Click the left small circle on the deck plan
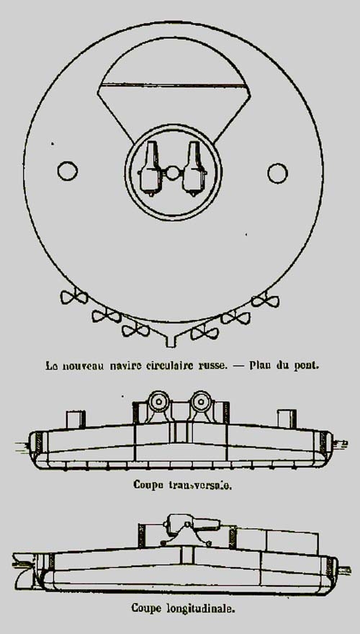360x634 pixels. click(68, 171)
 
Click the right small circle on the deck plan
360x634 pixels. click(278, 173)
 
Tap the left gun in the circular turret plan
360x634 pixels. click(150, 168)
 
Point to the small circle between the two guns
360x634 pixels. click(173, 173)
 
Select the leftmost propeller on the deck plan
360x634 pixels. click(74, 298)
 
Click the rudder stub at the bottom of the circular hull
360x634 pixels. click(171, 339)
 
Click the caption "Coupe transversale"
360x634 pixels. click(183, 485)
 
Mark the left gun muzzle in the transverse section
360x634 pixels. click(158, 401)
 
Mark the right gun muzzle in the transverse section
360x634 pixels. click(200, 401)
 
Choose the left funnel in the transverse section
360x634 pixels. click(76, 419)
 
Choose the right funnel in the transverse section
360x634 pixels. click(287, 419)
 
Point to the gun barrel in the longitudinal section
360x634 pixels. click(193, 523)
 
